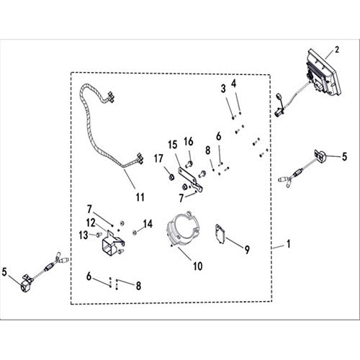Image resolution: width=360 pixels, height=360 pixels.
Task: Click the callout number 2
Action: (337, 50)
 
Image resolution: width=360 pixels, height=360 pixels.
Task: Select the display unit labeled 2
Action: (323, 72)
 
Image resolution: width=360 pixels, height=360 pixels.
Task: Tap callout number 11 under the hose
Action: (140, 197)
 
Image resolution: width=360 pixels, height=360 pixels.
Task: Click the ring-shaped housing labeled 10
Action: (183, 228)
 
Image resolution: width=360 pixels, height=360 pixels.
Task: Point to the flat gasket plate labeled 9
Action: (221, 235)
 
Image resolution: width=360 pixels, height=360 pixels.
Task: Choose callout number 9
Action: (247, 250)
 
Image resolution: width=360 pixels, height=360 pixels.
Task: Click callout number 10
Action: (198, 266)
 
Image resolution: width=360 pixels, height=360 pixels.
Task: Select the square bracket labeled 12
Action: (113, 243)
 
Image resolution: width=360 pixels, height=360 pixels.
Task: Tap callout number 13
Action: (84, 235)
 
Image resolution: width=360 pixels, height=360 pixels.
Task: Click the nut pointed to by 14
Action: (135, 232)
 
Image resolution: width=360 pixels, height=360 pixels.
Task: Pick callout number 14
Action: (148, 224)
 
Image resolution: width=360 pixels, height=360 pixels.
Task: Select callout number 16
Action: (189, 142)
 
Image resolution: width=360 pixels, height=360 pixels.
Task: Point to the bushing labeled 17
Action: (172, 177)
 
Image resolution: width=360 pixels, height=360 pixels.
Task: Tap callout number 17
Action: (158, 158)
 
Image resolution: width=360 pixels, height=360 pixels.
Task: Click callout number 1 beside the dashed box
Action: (289, 244)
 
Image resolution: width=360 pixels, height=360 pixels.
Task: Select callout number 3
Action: (223, 89)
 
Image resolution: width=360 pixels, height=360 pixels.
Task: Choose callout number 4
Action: (234, 84)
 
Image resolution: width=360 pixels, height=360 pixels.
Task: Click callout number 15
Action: (173, 145)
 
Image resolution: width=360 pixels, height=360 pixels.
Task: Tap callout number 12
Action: (91, 222)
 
